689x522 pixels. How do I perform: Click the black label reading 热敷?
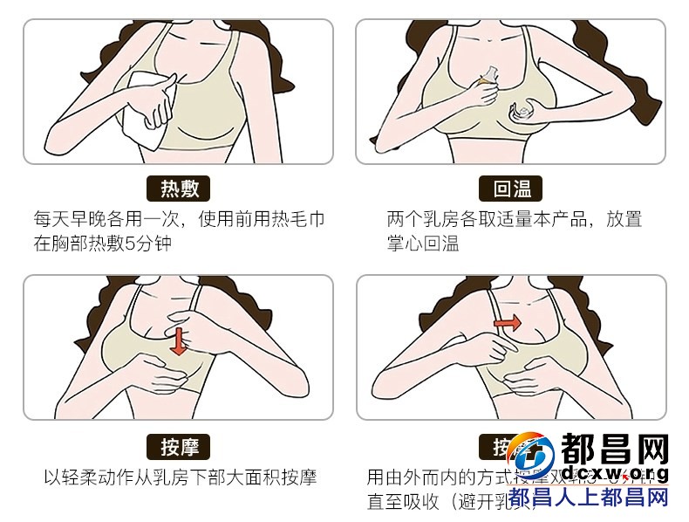pos(180,189)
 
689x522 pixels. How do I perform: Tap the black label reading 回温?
pos(511,189)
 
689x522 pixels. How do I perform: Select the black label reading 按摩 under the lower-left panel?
pos(180,447)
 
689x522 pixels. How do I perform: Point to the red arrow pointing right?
pos(508,323)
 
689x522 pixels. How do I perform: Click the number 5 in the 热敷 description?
pos(132,243)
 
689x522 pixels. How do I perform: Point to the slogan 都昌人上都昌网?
pos(589,498)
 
